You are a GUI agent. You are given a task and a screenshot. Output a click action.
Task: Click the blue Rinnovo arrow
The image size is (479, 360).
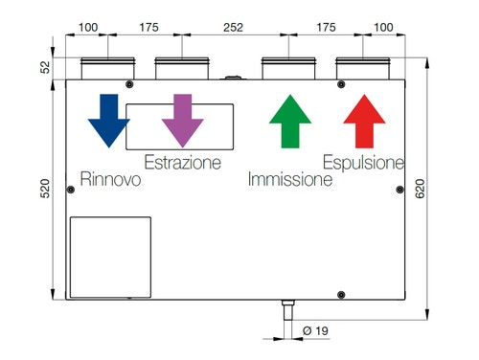pyautogui.click(x=106, y=120)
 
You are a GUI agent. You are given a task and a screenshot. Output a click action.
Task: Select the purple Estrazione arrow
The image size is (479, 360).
pyautogui.click(x=182, y=120)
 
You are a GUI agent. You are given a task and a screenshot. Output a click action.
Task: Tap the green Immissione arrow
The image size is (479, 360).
pyautogui.click(x=290, y=121)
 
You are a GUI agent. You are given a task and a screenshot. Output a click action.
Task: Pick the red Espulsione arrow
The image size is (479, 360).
pyautogui.click(x=364, y=121)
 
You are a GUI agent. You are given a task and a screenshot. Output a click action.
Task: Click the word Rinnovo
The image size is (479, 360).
pyautogui.click(x=111, y=180)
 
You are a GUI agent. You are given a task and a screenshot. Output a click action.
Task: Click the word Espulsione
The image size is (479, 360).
pyautogui.click(x=363, y=163)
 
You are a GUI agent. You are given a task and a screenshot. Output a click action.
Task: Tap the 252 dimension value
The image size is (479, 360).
pyautogui.click(x=233, y=28)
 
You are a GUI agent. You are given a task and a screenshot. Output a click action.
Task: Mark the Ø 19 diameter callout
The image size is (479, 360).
pyautogui.click(x=312, y=331)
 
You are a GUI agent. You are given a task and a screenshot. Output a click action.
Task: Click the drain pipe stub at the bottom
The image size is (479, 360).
pyautogui.click(x=285, y=310)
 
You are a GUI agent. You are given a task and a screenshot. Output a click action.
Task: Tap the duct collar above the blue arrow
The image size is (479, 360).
pyautogui.click(x=107, y=69)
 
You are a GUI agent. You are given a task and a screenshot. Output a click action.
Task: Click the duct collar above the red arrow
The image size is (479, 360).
pyautogui.click(x=363, y=69)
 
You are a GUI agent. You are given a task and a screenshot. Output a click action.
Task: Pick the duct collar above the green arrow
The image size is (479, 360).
pyautogui.click(x=289, y=69)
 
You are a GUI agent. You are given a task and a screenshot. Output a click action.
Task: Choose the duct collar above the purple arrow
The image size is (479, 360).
pyautogui.click(x=181, y=69)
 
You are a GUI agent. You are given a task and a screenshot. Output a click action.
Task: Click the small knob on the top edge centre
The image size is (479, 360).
pyautogui.click(x=231, y=77)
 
